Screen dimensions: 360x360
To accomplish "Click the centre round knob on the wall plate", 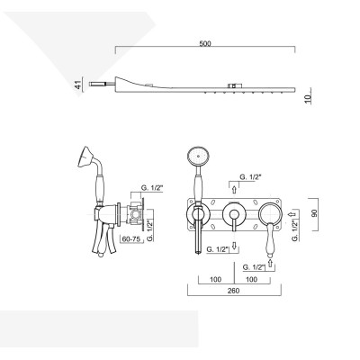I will [x=233, y=214].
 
